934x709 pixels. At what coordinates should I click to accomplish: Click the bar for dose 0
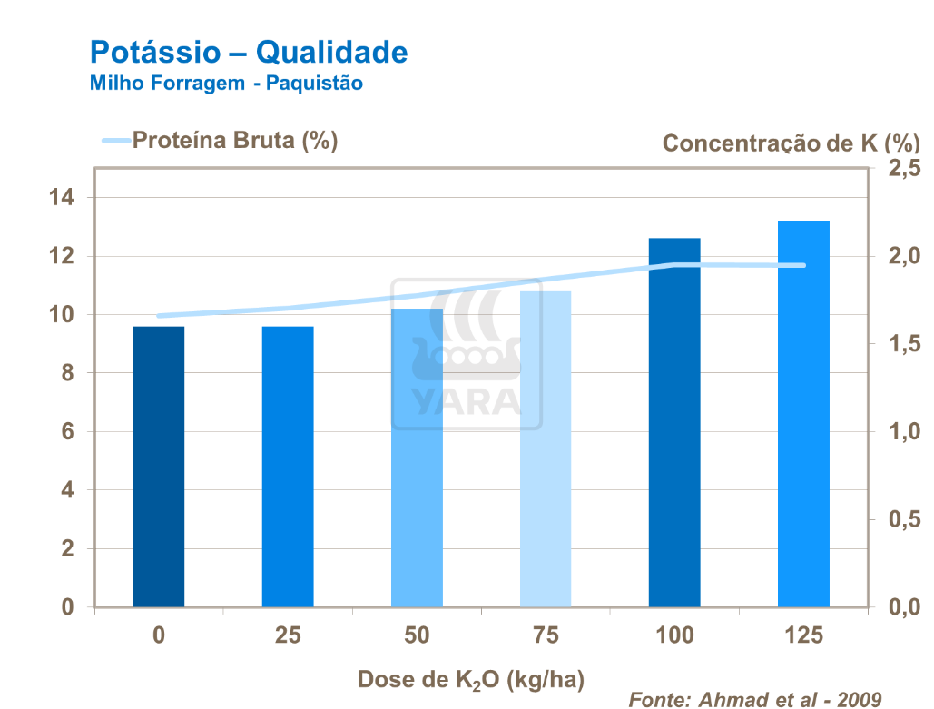[158, 467]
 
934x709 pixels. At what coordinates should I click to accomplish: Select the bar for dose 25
[288, 467]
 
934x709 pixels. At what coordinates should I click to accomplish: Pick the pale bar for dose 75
[546, 449]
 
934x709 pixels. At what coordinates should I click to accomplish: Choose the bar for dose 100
[674, 422]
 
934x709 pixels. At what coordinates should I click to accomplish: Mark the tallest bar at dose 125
[803, 413]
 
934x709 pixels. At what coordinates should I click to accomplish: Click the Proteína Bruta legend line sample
[115, 141]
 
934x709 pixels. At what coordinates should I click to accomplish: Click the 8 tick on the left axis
[66, 373]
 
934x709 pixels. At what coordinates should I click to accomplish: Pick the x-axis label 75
[546, 635]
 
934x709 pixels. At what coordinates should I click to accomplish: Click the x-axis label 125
[803, 635]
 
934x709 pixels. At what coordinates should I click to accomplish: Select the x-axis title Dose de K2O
[470, 679]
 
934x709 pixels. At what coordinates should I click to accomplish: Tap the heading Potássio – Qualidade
[248, 52]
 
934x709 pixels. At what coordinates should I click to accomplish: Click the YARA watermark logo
[467, 354]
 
